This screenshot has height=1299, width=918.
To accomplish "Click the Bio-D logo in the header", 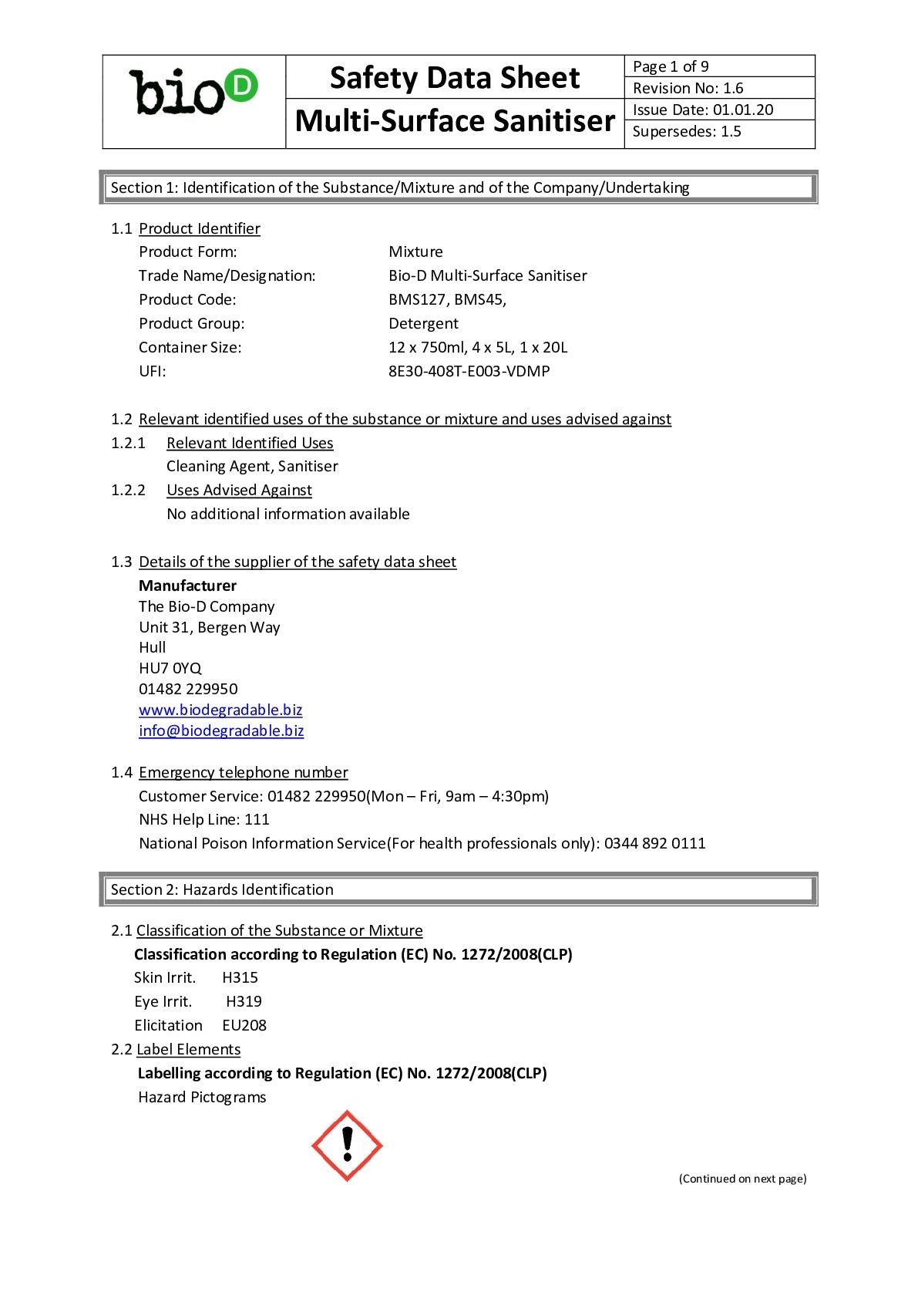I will click(193, 93).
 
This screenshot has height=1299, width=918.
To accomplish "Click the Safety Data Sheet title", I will click(455, 78).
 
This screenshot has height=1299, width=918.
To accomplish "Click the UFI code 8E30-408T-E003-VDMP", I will click(469, 371).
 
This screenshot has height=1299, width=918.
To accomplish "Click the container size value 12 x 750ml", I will click(427, 347).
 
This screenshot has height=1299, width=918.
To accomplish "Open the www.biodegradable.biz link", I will click(220, 710).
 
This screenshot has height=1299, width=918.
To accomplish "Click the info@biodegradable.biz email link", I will click(221, 730).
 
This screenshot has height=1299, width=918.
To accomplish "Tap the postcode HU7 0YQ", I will click(170, 668).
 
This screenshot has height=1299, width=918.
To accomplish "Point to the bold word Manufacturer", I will click(187, 585).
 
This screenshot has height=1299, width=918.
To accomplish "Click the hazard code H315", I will click(240, 977).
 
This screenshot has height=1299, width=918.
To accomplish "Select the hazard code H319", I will click(244, 1001).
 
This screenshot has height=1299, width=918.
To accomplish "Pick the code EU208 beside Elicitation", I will click(244, 1025).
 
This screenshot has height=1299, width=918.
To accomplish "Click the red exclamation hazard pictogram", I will click(347, 1145).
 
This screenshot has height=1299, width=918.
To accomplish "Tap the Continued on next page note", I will click(742, 1179).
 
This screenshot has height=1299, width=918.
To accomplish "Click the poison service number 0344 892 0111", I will click(654, 843).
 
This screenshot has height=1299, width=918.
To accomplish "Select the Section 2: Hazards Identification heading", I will click(222, 889).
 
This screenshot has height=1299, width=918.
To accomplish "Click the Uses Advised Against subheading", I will click(239, 490).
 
